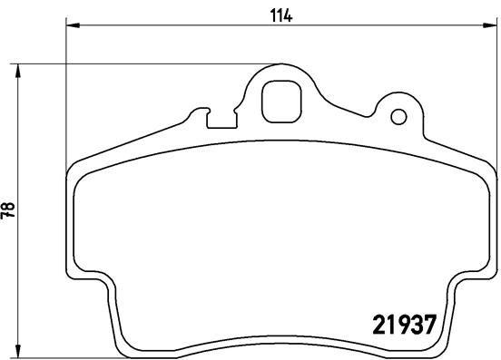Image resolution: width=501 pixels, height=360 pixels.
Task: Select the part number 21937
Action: pyautogui.click(x=407, y=324)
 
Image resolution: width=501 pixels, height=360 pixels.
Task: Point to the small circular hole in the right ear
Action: pyautogui.click(x=397, y=117)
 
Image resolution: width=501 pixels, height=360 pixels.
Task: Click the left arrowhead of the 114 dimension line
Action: pyautogui.click(x=74, y=28)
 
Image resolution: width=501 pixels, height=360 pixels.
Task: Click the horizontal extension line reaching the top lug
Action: pyautogui.click(x=136, y=64)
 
